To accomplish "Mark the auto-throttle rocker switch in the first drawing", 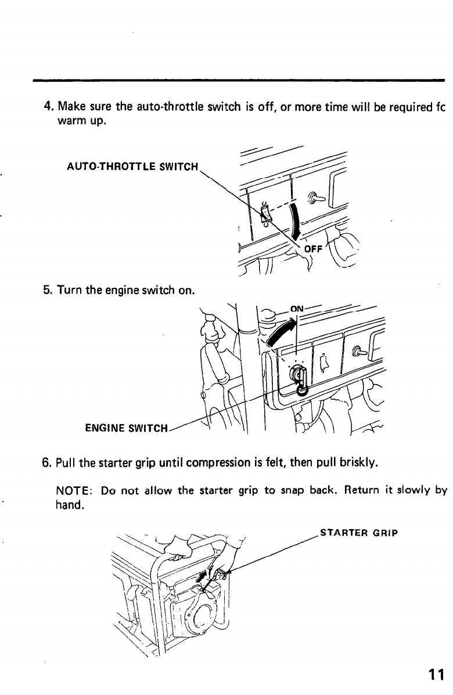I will [265, 214].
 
